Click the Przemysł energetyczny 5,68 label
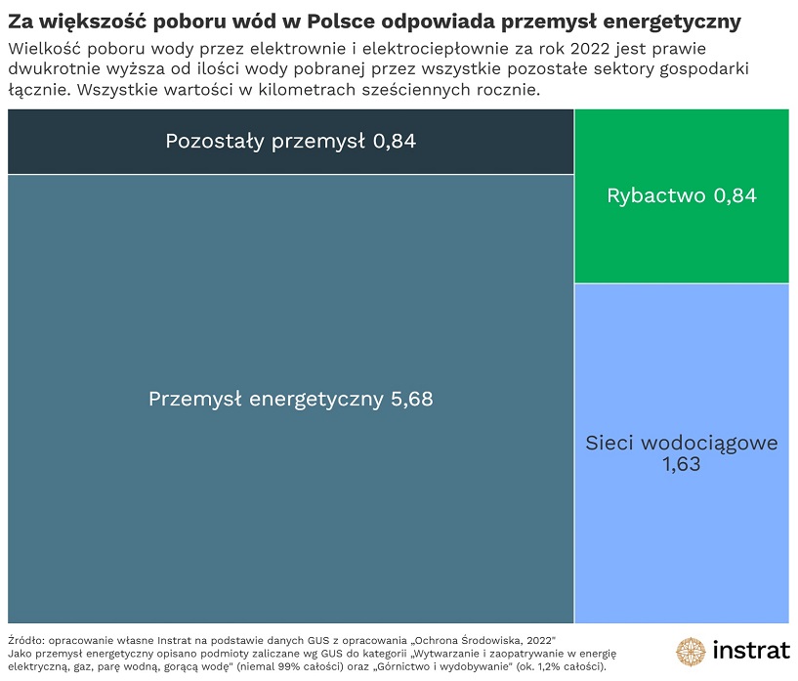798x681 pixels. click(290, 400)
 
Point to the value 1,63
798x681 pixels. click(681, 466)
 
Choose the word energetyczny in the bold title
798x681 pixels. click(673, 21)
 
